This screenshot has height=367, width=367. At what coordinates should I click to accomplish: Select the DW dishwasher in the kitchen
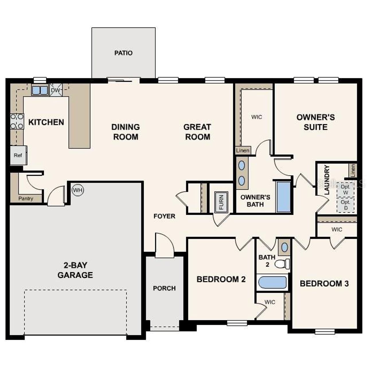click(x=56, y=90)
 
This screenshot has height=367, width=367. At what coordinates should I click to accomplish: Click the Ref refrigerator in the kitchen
click(x=18, y=155)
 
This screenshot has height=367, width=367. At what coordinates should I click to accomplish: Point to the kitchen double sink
click(x=40, y=90)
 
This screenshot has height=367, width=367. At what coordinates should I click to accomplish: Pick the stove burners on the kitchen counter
click(x=17, y=121)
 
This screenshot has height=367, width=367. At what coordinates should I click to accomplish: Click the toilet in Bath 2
click(x=282, y=263)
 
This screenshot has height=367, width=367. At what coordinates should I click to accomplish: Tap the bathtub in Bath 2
click(x=272, y=282)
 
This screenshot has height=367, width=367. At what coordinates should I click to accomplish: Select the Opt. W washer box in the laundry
click(x=345, y=190)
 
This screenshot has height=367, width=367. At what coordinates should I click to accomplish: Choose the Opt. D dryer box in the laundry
click(x=345, y=205)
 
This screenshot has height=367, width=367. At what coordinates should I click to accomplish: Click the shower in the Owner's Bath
click(x=283, y=197)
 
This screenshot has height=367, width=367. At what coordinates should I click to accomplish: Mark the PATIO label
click(x=123, y=53)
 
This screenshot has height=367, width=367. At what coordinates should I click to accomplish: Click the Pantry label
click(x=26, y=198)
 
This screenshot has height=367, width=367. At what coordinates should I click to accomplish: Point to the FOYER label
click(x=164, y=216)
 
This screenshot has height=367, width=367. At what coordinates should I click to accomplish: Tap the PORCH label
click(x=164, y=288)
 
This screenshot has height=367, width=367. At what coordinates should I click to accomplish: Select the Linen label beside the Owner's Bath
click(x=243, y=151)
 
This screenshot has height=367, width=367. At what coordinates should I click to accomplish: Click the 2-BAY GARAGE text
click(x=75, y=270)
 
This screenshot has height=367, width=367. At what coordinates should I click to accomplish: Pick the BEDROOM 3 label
click(x=324, y=284)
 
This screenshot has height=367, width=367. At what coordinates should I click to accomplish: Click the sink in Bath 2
click(x=284, y=247)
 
